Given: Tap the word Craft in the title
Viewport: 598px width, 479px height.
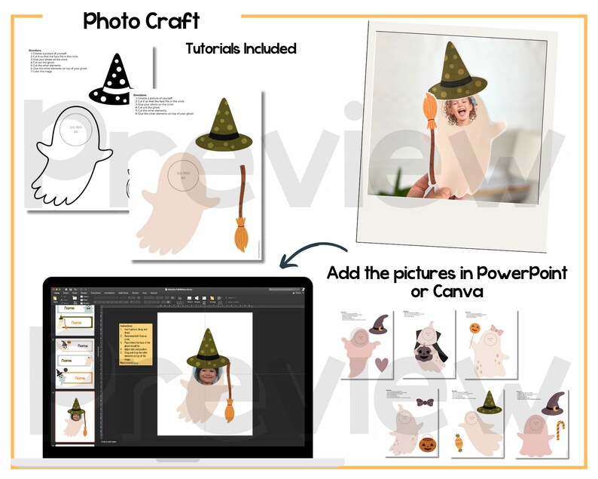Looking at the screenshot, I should (172, 20).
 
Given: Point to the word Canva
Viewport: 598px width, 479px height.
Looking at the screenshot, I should (465, 290).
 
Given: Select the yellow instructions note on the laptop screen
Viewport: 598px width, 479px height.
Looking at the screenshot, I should (136, 343).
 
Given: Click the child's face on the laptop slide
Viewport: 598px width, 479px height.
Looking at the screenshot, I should (206, 375).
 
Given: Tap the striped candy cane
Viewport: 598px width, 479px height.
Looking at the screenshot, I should (558, 438).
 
